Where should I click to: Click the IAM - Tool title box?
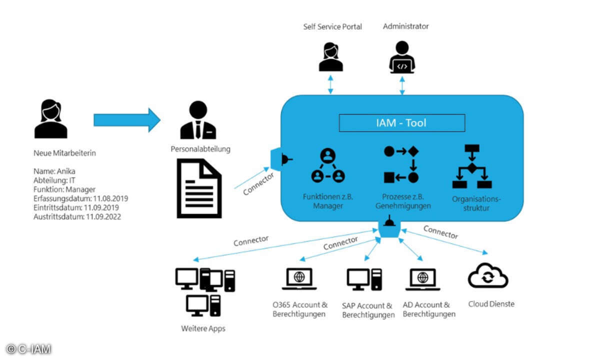click(401, 123)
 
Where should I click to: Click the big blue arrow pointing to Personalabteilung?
click(127, 120)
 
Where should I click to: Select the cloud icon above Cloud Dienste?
click(487, 276)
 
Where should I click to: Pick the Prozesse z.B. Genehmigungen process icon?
click(401, 164)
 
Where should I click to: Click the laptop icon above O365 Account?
click(299, 279)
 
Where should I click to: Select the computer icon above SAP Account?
click(364, 279)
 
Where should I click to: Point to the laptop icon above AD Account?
click(423, 279)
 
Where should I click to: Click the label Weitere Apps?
click(203, 328)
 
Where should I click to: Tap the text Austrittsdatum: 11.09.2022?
click(77, 216)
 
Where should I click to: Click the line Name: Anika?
click(55, 171)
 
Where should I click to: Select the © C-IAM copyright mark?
click(28, 349)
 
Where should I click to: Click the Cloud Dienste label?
click(491, 303)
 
